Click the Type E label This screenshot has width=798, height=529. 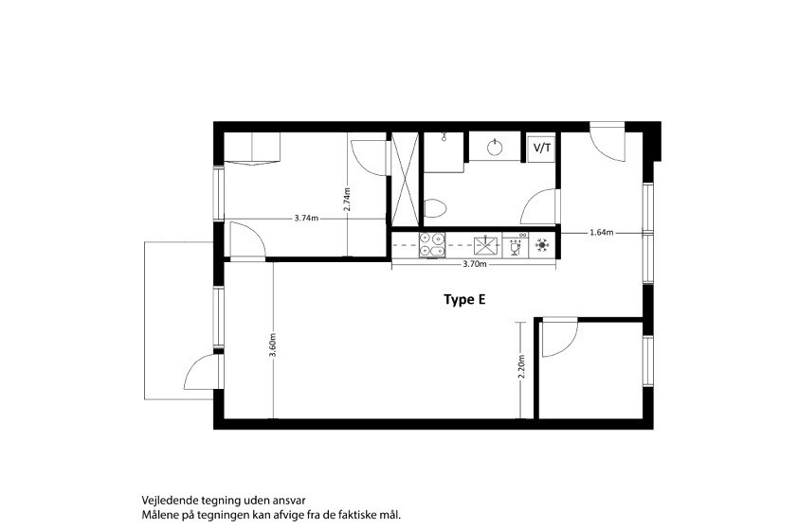(x=464, y=300)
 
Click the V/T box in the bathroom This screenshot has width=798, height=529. (x=541, y=149)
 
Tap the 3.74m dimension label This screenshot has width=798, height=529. (x=306, y=219)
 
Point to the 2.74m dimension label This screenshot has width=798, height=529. (x=347, y=200)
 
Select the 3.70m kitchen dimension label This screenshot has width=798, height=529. (x=474, y=264)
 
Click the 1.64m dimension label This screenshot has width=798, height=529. (x=601, y=233)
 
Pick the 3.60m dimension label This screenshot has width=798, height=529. (x=273, y=345)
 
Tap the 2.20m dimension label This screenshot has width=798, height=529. (x=520, y=366)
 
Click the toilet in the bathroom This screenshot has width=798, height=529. (x=435, y=208)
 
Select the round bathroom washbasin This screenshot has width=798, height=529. (x=495, y=148)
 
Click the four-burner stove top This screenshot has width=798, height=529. (x=432, y=244)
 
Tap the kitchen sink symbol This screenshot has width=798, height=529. (x=487, y=245)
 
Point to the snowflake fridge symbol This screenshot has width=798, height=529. (x=542, y=245)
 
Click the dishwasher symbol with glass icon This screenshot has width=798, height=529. (x=516, y=245)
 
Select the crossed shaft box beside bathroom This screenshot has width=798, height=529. (x=405, y=179)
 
